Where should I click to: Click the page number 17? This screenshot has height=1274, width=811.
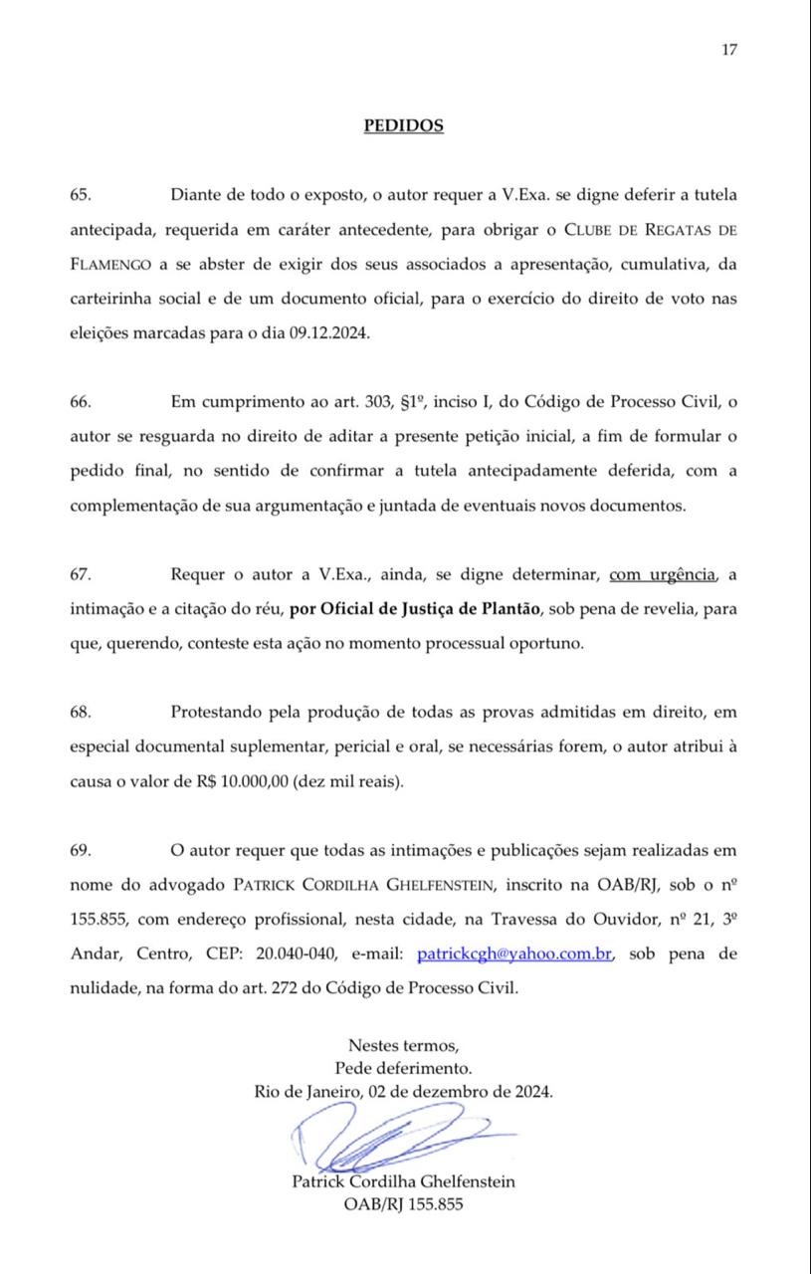click(x=729, y=51)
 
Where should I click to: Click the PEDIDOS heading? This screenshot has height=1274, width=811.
click(x=403, y=125)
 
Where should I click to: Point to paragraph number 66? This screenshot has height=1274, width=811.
click(x=81, y=402)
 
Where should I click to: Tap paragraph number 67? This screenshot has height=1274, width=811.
click(x=81, y=574)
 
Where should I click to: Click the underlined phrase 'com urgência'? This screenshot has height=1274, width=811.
click(x=662, y=574)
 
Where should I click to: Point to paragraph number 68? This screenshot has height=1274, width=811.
click(x=81, y=713)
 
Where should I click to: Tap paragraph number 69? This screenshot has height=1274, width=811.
click(x=81, y=850)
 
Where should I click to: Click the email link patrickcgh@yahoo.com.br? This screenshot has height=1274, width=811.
click(x=513, y=954)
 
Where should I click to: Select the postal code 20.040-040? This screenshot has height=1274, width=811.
click(x=284, y=954)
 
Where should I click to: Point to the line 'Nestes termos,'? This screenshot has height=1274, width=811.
click(x=403, y=1046)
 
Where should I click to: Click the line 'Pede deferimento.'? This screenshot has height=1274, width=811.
click(x=403, y=1068)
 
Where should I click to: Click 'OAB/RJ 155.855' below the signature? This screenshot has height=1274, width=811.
click(x=403, y=1204)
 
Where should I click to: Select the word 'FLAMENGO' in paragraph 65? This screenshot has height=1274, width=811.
click(x=111, y=265)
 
